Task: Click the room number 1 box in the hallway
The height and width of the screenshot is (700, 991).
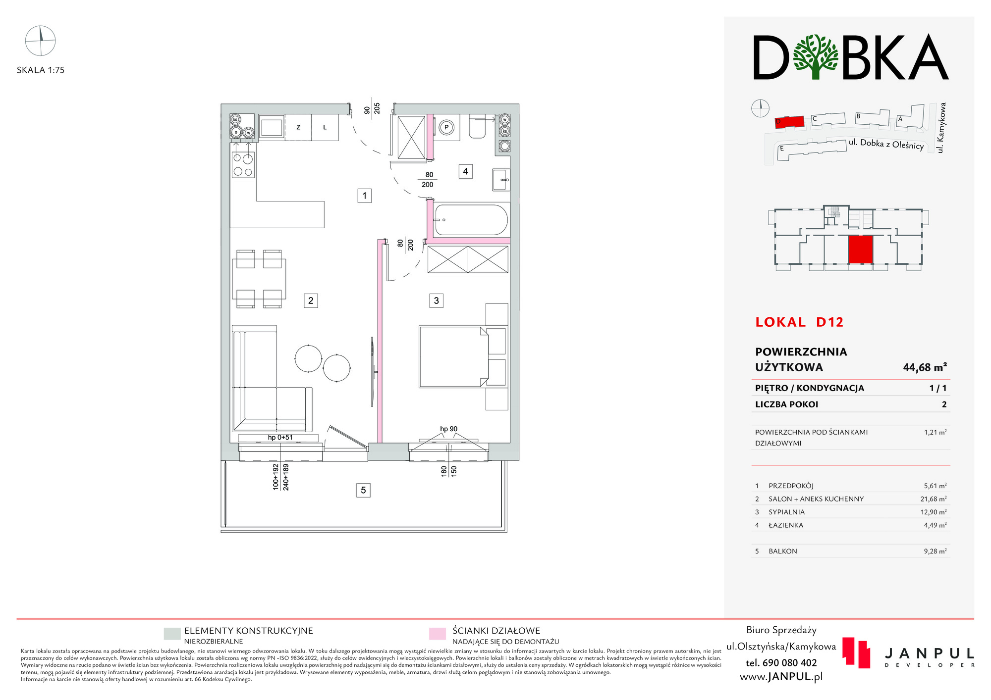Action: click(365, 196)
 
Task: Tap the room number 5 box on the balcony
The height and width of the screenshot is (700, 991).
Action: click(363, 490)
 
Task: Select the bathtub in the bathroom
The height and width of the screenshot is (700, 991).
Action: click(471, 220)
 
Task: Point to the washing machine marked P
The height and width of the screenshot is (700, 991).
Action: click(446, 127)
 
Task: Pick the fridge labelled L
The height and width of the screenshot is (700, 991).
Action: click(325, 127)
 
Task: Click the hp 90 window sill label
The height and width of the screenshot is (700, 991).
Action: click(449, 429)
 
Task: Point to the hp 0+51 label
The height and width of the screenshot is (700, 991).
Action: click(280, 438)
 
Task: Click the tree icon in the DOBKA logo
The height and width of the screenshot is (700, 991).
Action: click(816, 57)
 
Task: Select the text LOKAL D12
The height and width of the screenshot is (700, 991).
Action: click(799, 322)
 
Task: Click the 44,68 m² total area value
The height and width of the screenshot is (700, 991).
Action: click(925, 367)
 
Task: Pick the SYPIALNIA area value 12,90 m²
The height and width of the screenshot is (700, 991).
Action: click(934, 512)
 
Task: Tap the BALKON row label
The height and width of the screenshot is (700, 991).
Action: click(783, 551)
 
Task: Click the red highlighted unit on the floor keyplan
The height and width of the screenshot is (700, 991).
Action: click(860, 250)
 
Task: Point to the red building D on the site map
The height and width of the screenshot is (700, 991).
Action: click(789, 122)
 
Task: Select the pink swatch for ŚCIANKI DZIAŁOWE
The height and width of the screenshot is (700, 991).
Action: click(438, 634)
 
